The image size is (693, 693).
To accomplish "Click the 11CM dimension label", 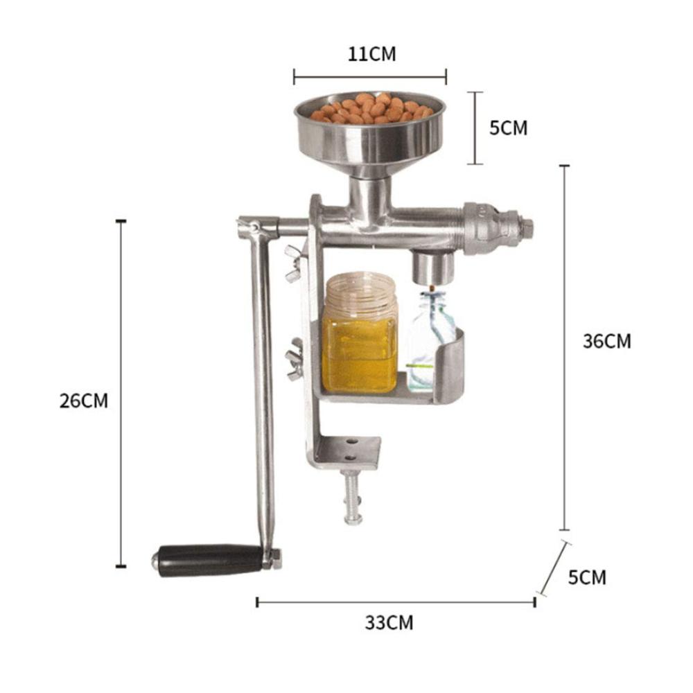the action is point(371,54).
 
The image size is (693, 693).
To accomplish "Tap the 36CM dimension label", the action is point(607,341).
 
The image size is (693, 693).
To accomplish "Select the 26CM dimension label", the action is point(84,401).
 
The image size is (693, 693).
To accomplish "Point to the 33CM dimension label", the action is point(389,623).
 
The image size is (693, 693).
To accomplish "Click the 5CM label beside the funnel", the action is point(508,128).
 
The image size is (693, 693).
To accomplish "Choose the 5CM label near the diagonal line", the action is point(587,577).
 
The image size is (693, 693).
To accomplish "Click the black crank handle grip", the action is point(209,561).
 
